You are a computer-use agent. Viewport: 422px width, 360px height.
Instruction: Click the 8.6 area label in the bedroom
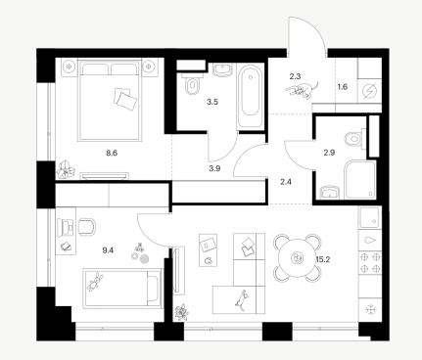[x=112, y=153]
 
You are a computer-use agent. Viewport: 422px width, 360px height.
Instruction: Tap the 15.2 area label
[x=323, y=259]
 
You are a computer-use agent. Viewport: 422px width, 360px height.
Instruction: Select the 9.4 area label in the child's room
[x=108, y=250]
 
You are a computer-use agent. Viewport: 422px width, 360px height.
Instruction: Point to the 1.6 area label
[x=343, y=87]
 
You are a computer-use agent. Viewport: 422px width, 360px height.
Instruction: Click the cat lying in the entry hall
[x=302, y=90]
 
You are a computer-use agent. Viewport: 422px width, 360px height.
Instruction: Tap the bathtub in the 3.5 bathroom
[x=251, y=96]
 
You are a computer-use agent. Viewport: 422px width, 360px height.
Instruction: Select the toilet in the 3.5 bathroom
[x=192, y=84]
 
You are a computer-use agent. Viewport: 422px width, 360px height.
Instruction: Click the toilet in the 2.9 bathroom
[x=354, y=139]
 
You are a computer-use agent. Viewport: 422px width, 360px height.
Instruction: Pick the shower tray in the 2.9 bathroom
[x=360, y=179]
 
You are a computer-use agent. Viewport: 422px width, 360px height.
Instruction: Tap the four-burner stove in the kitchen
[x=370, y=262]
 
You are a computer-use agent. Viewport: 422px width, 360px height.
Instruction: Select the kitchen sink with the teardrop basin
[x=370, y=240]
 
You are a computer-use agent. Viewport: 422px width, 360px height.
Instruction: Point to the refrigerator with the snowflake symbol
[x=370, y=309]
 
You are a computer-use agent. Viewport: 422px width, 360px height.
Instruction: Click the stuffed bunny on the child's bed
[x=95, y=283]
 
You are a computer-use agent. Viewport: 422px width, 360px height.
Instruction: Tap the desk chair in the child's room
[x=86, y=226]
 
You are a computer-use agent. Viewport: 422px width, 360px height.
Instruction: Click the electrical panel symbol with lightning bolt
[x=370, y=90]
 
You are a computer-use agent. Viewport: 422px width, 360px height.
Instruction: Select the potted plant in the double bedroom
[x=66, y=169]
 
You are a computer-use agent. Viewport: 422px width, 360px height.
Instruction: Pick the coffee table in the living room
[x=208, y=250]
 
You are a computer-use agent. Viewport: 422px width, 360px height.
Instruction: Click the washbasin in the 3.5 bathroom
[x=223, y=69]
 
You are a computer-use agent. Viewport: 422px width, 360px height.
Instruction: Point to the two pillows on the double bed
[x=125, y=98]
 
